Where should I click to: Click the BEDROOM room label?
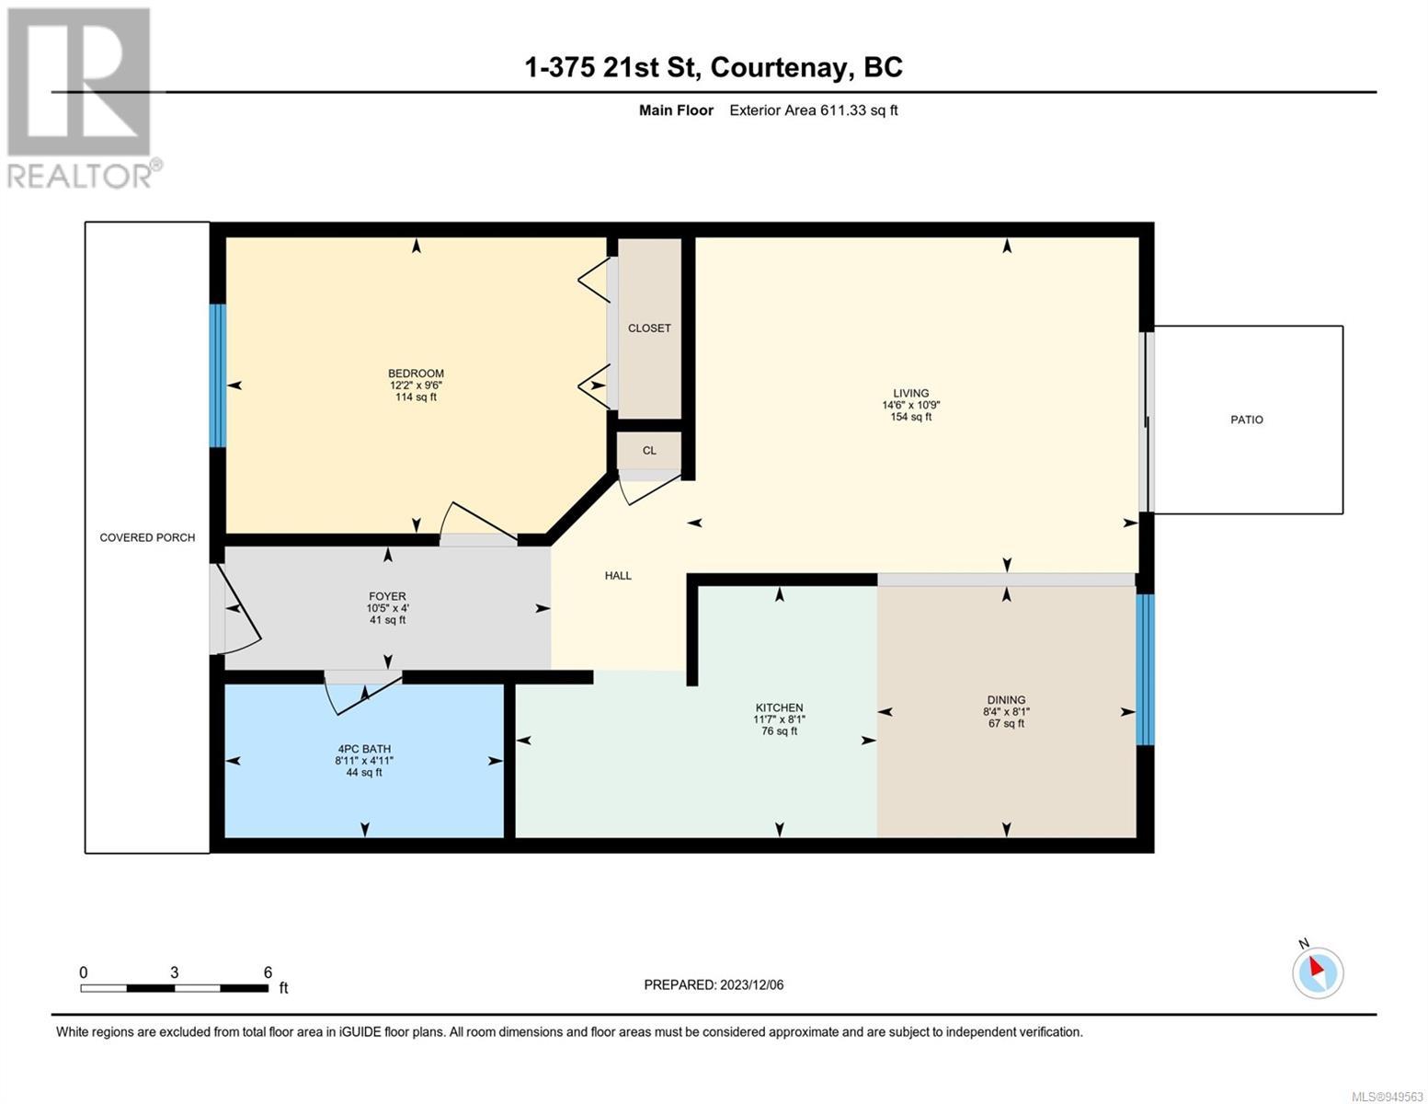click(x=416, y=373)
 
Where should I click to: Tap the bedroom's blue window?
click(x=218, y=375)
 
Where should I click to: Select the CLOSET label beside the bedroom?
click(x=649, y=328)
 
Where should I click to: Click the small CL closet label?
click(x=649, y=451)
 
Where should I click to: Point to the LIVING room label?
click(x=911, y=393)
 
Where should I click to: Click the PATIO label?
click(x=1247, y=420)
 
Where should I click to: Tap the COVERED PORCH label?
click(x=147, y=537)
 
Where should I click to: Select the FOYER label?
click(x=387, y=596)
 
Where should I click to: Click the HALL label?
click(x=618, y=575)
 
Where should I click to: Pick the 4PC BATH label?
click(x=364, y=748)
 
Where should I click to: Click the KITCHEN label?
click(x=780, y=707)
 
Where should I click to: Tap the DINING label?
click(x=1006, y=699)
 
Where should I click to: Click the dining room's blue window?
click(x=1145, y=670)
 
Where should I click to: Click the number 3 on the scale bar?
click(x=174, y=972)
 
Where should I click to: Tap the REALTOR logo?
click(x=83, y=98)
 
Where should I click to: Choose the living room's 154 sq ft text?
click(x=911, y=417)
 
